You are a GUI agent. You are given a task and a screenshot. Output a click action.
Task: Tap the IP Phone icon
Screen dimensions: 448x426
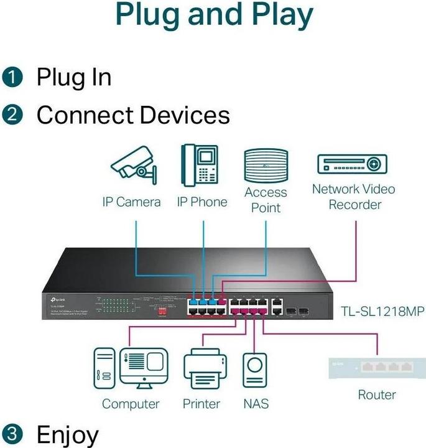200,164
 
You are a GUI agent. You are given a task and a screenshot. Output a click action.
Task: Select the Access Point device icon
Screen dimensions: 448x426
266,165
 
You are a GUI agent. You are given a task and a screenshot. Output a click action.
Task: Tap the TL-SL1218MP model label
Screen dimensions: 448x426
382,310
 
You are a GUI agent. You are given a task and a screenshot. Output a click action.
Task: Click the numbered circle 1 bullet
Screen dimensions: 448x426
13,78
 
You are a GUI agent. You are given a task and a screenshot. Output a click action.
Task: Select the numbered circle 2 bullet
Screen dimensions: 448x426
13,115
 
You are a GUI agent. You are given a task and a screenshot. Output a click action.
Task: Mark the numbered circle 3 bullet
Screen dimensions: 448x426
13,434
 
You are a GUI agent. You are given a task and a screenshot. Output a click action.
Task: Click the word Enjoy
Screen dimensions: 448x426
68,434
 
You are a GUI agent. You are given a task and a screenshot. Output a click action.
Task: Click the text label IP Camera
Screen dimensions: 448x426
131,202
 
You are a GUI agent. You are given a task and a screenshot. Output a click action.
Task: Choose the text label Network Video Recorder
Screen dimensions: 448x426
353,197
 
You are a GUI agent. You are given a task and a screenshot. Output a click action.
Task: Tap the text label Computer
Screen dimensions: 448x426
131,404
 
